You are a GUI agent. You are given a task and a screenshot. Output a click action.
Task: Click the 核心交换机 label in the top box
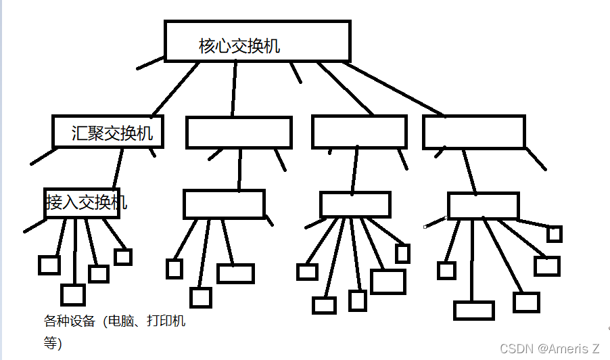(x=239, y=46)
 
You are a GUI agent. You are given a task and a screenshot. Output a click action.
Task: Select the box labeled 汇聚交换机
(x=108, y=131)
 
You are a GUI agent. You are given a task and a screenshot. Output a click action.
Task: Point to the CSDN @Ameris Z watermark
(x=549, y=348)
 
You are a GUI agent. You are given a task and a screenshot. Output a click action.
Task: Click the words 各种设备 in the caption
(x=70, y=321)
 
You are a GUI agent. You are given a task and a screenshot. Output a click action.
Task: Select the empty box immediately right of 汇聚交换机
(x=239, y=133)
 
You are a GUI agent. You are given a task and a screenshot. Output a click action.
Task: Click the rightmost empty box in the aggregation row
(x=473, y=132)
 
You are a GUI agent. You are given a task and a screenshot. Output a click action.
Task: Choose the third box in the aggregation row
(x=359, y=132)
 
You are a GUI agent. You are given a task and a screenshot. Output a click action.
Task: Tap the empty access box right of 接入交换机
(x=224, y=204)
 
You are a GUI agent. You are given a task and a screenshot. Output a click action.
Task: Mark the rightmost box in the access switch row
(x=483, y=206)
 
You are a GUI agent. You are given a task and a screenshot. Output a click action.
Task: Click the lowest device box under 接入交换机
(x=72, y=295)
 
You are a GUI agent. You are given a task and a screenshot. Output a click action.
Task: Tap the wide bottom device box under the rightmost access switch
(x=473, y=310)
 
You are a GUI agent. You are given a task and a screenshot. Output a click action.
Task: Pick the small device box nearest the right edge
(x=555, y=234)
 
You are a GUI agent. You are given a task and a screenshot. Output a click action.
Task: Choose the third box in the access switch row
(x=355, y=204)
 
